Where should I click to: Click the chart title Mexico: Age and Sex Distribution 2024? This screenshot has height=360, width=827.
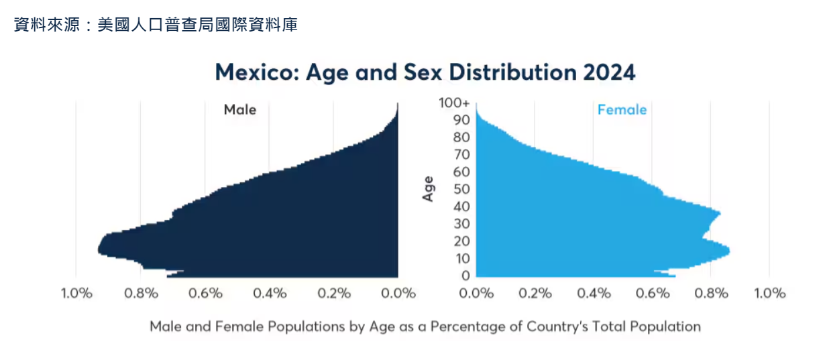pos(425,72)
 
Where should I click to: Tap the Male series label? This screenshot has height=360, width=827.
pos(240,109)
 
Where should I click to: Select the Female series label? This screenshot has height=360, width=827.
pos(622,109)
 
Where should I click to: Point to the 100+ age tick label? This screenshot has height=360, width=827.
pos(454,103)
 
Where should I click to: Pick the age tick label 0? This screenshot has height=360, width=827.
pos(465,276)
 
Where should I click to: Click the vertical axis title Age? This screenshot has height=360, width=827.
pos(428,189)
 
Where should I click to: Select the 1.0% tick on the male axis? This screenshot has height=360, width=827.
pos(76,294)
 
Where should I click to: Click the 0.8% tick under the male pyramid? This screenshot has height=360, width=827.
pos(142,294)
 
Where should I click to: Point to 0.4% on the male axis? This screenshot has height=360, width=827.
pos(270,294)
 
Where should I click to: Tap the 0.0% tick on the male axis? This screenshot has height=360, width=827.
pos(399,294)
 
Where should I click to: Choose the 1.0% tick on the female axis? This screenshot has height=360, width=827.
pos(769,294)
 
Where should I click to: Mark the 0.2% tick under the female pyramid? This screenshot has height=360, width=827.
pos(535,294)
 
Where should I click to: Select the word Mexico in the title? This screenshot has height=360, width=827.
pos(256,72)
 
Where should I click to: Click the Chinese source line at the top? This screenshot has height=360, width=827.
pos(155,25)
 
